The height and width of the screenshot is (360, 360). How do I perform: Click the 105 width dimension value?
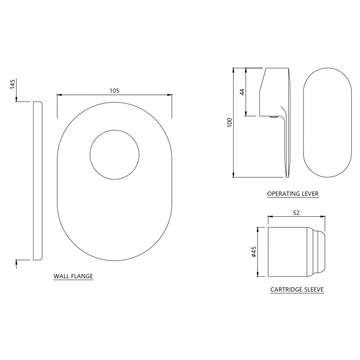pyautogui.click(x=114, y=91)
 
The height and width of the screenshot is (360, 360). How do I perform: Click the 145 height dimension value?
pyautogui.click(x=13, y=85)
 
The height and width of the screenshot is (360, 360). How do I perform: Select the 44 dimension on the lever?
pyautogui.click(x=242, y=92)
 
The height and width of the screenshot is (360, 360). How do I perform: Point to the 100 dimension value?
pyautogui.click(x=230, y=122)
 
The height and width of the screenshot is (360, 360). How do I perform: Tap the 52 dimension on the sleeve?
pyautogui.click(x=296, y=213)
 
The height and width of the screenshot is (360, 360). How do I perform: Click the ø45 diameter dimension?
pyautogui.click(x=254, y=252)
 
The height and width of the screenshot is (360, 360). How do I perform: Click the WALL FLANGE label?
pyautogui.click(x=73, y=276)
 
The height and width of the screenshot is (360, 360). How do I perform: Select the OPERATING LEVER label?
pyautogui.click(x=293, y=194)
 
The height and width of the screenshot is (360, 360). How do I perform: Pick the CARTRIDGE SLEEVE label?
pyautogui.click(x=297, y=289)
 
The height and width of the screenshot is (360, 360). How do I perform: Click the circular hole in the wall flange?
pyautogui.click(x=114, y=154)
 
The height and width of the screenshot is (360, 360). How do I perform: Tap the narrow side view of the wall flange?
pyautogui.click(x=37, y=180)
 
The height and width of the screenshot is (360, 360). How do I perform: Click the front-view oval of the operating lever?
pyautogui.click(x=327, y=122)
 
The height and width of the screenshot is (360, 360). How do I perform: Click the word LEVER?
pyautogui.click(x=310, y=194)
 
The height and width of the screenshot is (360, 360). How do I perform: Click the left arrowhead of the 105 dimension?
pyautogui.click(x=59, y=95)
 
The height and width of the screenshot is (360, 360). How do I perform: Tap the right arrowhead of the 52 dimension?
pyautogui.click(x=323, y=217)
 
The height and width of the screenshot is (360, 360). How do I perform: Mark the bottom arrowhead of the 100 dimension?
pyautogui.click(x=234, y=175)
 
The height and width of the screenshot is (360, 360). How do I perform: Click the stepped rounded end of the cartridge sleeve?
pyautogui.click(x=319, y=252)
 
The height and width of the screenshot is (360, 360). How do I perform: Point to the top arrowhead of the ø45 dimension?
pyautogui.click(x=258, y=229)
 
